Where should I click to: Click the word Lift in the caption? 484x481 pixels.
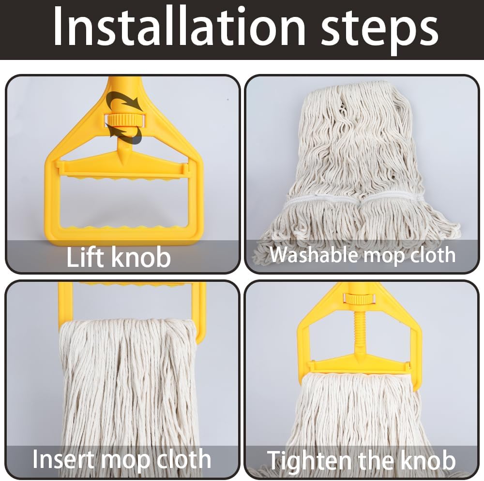click(x=86, y=257)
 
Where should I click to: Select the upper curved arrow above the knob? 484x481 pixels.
click(x=124, y=101)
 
